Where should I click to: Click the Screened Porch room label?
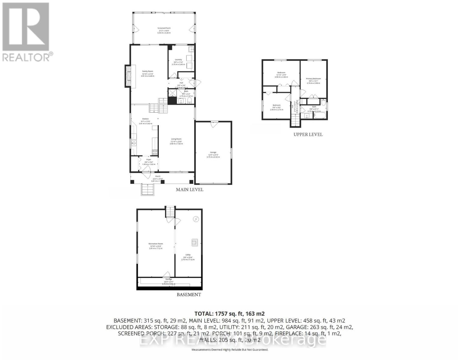164,28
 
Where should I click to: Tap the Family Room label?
147,71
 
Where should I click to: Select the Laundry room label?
179,60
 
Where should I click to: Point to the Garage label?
213,152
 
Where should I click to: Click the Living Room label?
176,139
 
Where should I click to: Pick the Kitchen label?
146,119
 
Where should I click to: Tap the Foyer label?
149,160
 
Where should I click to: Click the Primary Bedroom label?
313,79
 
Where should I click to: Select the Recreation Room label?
155,244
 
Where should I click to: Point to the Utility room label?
188,255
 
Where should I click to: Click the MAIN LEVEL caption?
189,190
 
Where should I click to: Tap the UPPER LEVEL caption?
308,134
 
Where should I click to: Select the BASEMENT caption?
188,295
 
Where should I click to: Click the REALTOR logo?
26,31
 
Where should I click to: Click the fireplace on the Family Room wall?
128,76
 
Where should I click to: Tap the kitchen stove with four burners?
155,152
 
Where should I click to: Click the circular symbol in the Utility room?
196,219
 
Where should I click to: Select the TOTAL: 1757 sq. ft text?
230,314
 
